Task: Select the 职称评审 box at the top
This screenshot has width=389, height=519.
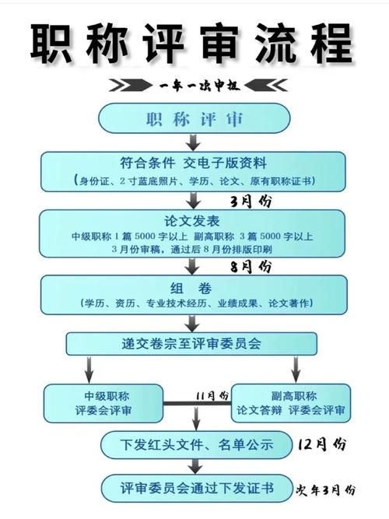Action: pos(194,119)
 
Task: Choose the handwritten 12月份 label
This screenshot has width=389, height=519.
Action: pos(321,444)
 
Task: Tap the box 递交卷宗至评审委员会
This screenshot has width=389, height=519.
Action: pos(191,342)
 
